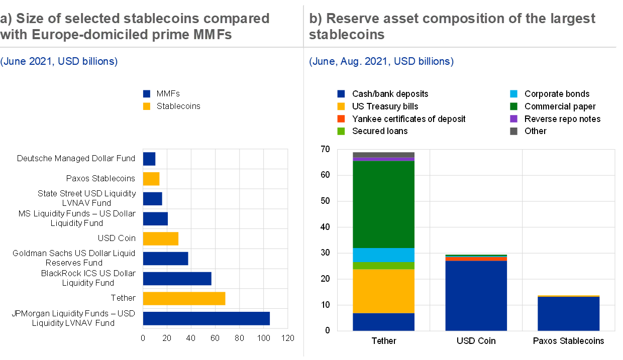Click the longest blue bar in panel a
tap(206, 318)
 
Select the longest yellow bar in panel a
tap(184, 299)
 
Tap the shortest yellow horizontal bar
tap(151, 179)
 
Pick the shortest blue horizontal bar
tap(149, 159)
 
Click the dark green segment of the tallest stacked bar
tap(383, 204)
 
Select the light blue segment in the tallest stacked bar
tap(383, 255)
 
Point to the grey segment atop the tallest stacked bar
tap(383, 155)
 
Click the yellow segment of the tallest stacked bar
tap(383, 291)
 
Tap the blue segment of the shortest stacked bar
tap(568, 314)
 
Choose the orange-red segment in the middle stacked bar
tap(476, 259)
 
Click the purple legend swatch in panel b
tap(513, 119)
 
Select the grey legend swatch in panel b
tap(513, 132)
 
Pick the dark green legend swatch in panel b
tap(513, 106)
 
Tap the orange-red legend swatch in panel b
tap(341, 119)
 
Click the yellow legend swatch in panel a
tap(146, 106)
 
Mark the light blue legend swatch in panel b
tap(513, 94)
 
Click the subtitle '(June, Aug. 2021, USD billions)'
tap(381, 62)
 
